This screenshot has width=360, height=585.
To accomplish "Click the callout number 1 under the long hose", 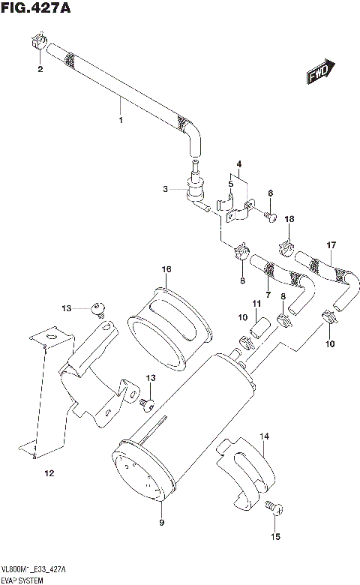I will click(x=119, y=118).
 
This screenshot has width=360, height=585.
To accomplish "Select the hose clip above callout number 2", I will click(x=40, y=43).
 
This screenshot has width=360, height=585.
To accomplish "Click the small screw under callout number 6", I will click(x=274, y=217).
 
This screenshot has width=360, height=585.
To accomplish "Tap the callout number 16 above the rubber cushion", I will click(x=166, y=269).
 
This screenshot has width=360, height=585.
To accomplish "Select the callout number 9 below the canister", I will click(x=161, y=522).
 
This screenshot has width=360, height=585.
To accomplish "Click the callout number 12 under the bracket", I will click(x=49, y=473).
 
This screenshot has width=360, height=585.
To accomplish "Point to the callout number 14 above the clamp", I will click(x=263, y=436).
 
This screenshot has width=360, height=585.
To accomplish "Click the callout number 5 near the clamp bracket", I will click(x=231, y=182).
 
